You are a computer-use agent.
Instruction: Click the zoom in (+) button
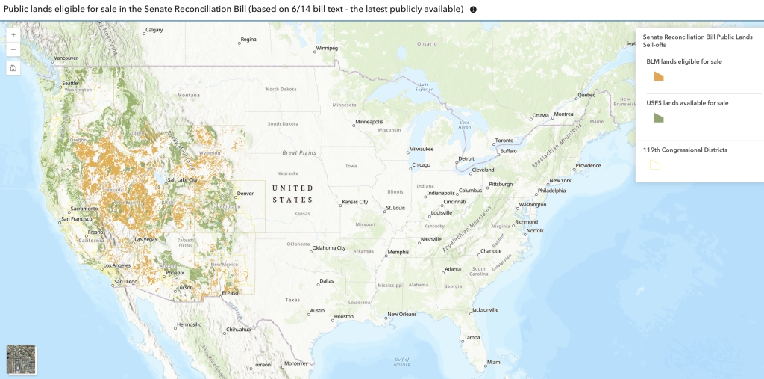13,35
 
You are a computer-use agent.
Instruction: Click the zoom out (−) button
13,49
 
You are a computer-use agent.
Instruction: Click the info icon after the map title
473,10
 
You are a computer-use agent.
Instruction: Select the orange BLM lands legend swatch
658,76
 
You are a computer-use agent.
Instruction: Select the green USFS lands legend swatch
658,117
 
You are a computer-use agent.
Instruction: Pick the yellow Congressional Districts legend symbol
655,165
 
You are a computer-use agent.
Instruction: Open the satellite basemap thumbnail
21,359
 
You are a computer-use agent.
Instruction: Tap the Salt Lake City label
182,180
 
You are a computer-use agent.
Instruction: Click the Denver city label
245,193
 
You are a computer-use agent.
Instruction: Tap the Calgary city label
154,30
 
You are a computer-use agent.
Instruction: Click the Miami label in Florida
494,362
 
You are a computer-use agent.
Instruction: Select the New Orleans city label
401,314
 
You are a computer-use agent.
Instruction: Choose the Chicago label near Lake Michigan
421,165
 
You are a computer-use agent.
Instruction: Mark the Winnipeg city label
327,48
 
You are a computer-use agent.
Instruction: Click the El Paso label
230,293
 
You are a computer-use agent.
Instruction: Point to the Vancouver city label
66,58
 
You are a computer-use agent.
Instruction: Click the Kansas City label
354,202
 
